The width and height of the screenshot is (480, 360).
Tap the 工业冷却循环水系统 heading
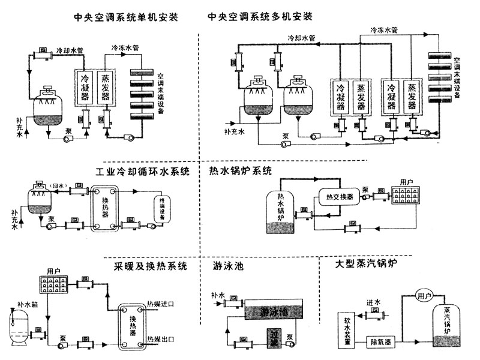tap(143, 172)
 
